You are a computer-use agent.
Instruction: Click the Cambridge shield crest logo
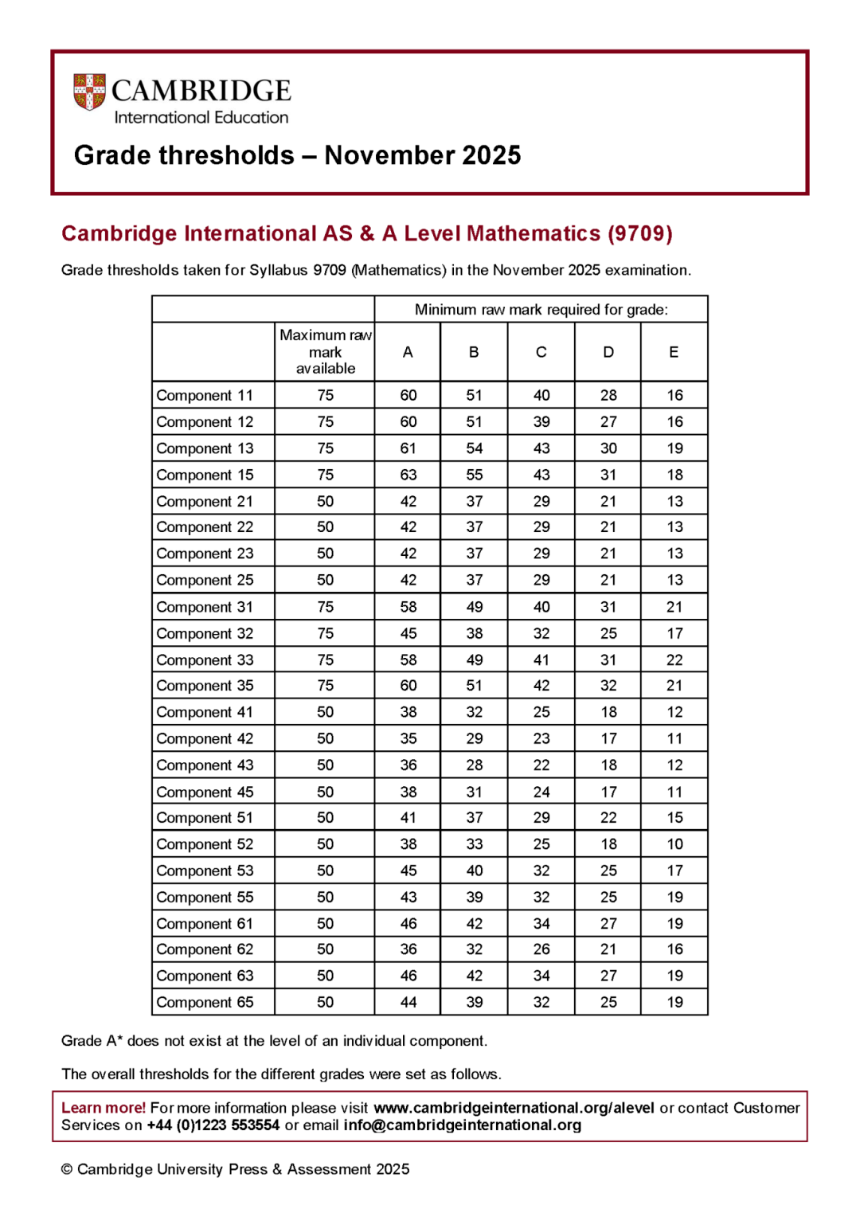click(x=89, y=92)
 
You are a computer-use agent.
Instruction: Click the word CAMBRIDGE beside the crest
click(x=201, y=91)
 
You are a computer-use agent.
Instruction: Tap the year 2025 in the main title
click(x=491, y=155)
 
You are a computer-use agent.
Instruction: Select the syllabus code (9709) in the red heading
click(x=640, y=233)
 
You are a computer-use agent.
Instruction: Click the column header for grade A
click(x=408, y=352)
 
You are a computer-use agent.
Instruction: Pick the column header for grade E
click(x=674, y=352)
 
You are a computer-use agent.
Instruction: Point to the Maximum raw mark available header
click(x=325, y=352)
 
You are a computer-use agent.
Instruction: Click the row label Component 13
click(x=205, y=448)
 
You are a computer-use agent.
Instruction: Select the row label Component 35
click(x=205, y=686)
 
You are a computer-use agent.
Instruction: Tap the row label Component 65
click(x=205, y=1002)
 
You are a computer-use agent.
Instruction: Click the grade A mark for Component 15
click(x=408, y=475)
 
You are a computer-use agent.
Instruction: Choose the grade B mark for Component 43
click(x=474, y=765)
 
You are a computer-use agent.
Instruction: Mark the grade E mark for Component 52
click(x=674, y=844)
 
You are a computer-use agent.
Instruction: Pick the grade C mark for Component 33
click(x=541, y=659)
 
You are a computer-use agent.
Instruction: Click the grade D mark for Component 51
click(x=608, y=818)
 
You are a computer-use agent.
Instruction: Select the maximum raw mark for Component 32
click(x=325, y=633)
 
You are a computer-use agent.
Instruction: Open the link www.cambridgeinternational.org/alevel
click(x=514, y=1108)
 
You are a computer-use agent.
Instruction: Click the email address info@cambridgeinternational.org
click(x=462, y=1125)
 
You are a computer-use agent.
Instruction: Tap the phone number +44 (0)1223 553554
click(x=213, y=1125)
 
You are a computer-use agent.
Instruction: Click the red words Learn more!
click(x=104, y=1108)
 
